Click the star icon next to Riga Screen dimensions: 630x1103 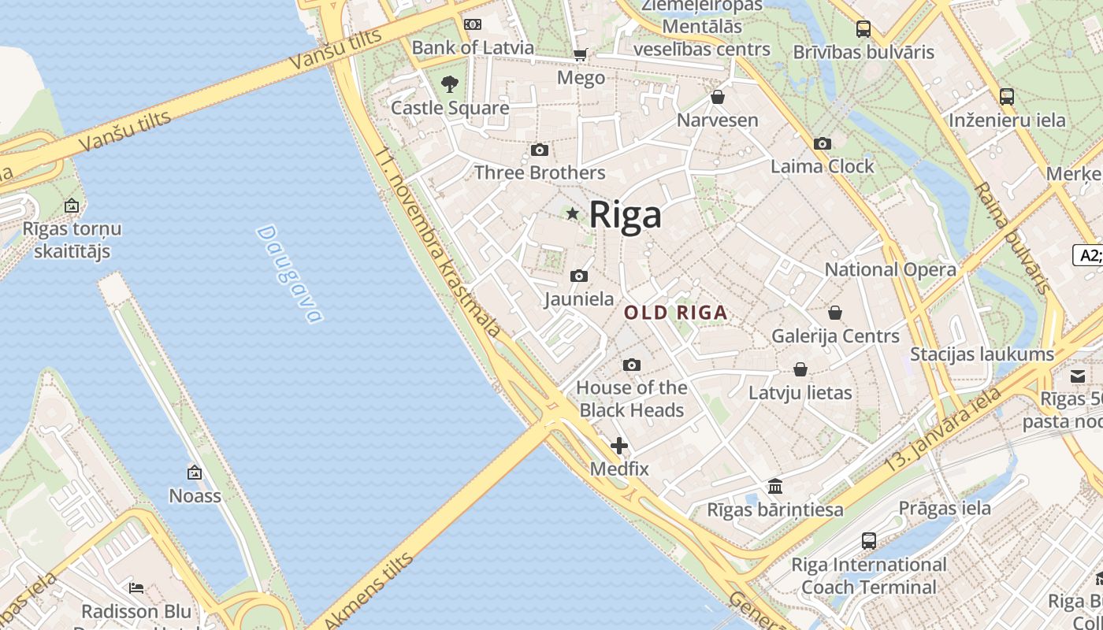(573, 213)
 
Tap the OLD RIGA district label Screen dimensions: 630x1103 (675, 313)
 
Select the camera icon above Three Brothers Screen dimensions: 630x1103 (540, 150)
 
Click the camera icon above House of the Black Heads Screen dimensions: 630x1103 (631, 365)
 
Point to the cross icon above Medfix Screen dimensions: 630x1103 (619, 446)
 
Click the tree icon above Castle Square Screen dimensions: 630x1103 (450, 83)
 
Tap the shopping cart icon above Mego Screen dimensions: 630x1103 (581, 54)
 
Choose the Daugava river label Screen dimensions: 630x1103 (289, 274)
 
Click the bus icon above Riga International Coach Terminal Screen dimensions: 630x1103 (869, 541)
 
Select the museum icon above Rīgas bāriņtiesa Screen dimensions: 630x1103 (775, 486)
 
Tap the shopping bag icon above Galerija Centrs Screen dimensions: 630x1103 (835, 313)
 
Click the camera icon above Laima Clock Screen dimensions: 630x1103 (822, 143)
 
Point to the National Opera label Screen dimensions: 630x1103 (890, 269)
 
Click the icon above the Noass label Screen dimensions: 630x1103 (195, 472)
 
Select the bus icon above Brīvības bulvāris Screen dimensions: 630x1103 (863, 29)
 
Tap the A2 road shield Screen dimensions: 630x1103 (1089, 255)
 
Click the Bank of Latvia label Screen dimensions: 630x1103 (473, 47)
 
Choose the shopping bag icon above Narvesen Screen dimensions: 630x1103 (718, 97)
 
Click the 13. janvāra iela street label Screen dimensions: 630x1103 (942, 429)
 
